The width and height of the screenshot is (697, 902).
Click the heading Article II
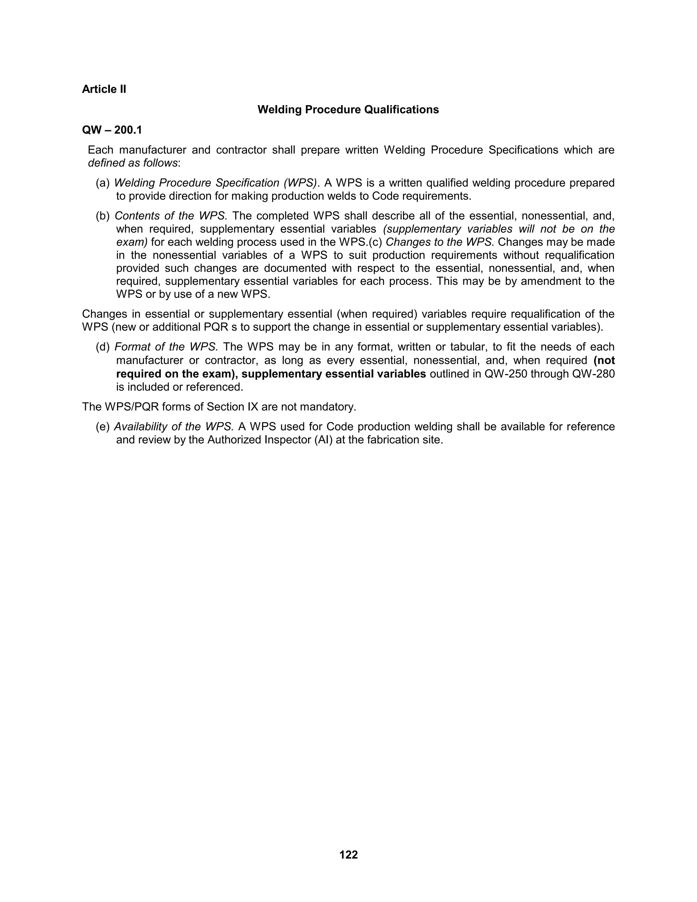(104, 89)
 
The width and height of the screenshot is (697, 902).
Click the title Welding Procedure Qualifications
(348, 110)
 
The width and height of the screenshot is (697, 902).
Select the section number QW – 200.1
(112, 130)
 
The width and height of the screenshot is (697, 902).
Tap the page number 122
(348, 854)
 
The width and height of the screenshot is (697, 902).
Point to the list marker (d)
(103, 347)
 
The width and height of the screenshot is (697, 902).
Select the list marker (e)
(103, 426)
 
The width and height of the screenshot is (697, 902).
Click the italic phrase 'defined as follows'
(132, 163)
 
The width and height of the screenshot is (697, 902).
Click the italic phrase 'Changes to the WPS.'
(440, 242)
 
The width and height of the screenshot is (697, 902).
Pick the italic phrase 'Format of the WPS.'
(166, 347)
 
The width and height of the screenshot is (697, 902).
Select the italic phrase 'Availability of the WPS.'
(174, 426)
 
